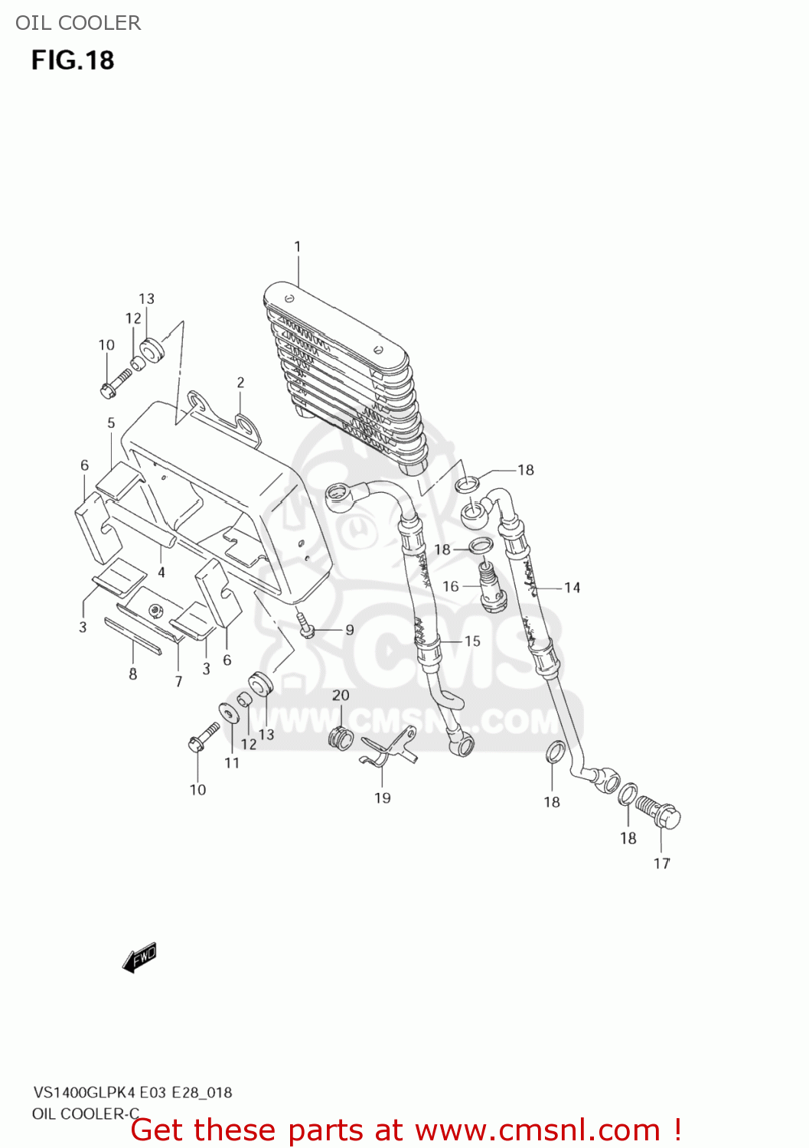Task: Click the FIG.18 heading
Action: coord(73,60)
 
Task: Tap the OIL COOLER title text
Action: coord(78,23)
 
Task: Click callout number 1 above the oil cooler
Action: coord(298,246)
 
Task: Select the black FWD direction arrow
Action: coord(139,957)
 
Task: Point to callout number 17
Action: coord(662,863)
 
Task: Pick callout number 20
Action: coord(341,695)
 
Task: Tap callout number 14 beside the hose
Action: coord(572,587)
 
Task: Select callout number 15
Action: coord(472,641)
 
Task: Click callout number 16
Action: coord(451,586)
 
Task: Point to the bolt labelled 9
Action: coord(306,625)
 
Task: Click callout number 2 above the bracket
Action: coord(240,382)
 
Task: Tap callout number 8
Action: coord(133,673)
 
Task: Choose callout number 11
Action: coord(232,762)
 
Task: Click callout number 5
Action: coord(111,422)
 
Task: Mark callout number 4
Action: coord(161,572)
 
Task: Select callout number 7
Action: coord(179,681)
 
